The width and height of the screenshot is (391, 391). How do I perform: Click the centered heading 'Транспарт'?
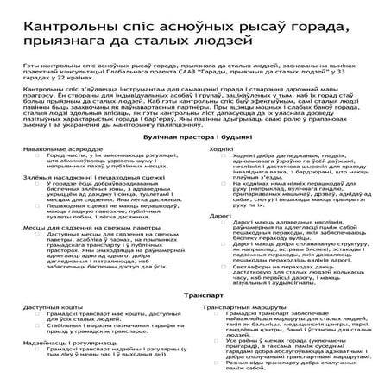[195, 295]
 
